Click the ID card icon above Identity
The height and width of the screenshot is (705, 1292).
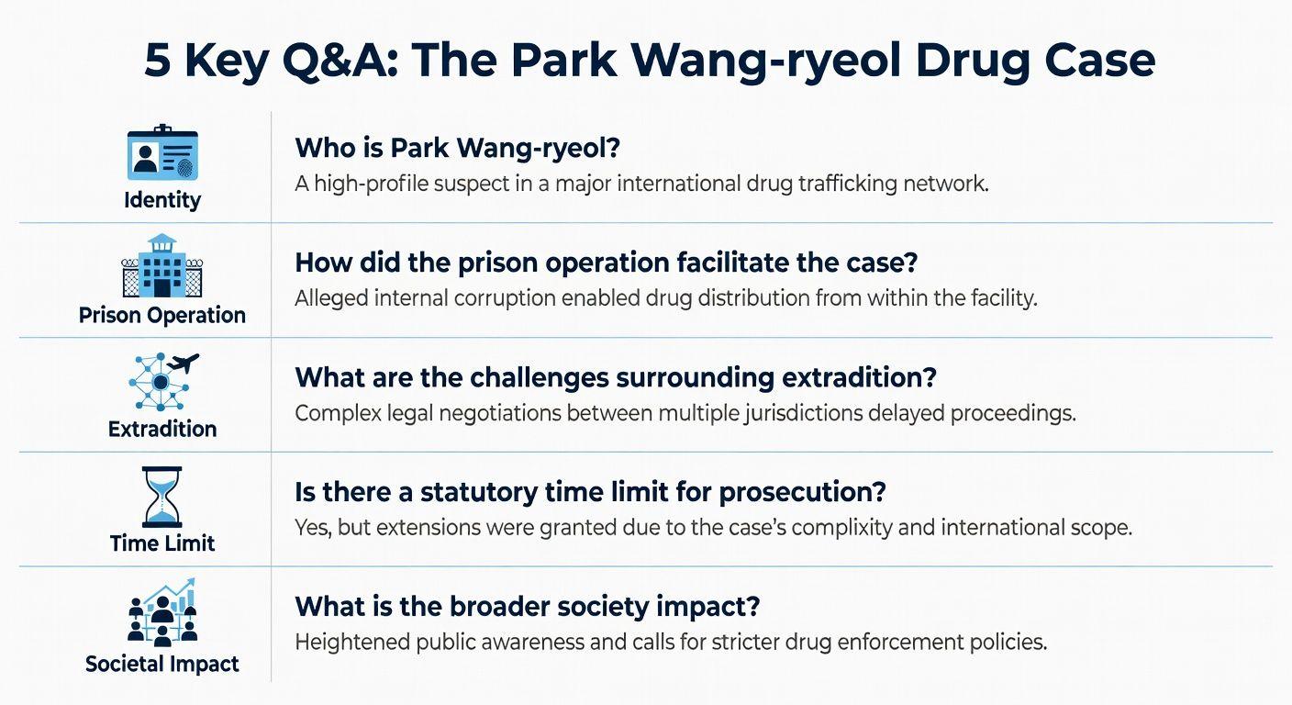162,153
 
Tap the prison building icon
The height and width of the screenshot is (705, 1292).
161,265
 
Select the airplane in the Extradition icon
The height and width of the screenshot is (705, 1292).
184,364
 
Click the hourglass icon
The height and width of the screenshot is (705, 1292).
161,497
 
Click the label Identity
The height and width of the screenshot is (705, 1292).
162,199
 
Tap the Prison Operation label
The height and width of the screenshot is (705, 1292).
162,315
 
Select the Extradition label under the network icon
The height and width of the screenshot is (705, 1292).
162,429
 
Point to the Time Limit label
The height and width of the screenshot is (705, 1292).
162,543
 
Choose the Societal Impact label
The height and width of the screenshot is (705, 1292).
162,664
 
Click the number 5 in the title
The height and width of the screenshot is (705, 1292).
157,61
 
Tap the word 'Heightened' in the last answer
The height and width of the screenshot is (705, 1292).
351,642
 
